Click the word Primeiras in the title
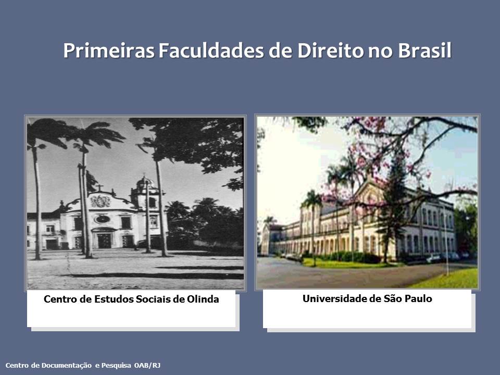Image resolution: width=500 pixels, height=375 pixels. pyautogui.click(x=109, y=51)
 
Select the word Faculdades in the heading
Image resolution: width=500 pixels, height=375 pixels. pyautogui.click(x=211, y=51)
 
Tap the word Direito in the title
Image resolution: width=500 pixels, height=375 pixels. pyautogui.click(x=330, y=51)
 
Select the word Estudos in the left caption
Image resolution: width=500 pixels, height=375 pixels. pyautogui.click(x=114, y=299)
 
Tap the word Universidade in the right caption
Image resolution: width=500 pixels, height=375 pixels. pyautogui.click(x=334, y=299)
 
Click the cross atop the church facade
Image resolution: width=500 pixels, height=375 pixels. pyautogui.click(x=99, y=187)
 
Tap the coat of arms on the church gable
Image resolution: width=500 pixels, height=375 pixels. pyautogui.click(x=101, y=201)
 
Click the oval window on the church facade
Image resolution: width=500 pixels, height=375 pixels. pyautogui.click(x=102, y=219)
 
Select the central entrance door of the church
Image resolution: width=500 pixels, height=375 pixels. pyautogui.click(x=104, y=241)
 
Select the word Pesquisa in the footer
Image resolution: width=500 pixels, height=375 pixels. pyautogui.click(x=116, y=366)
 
